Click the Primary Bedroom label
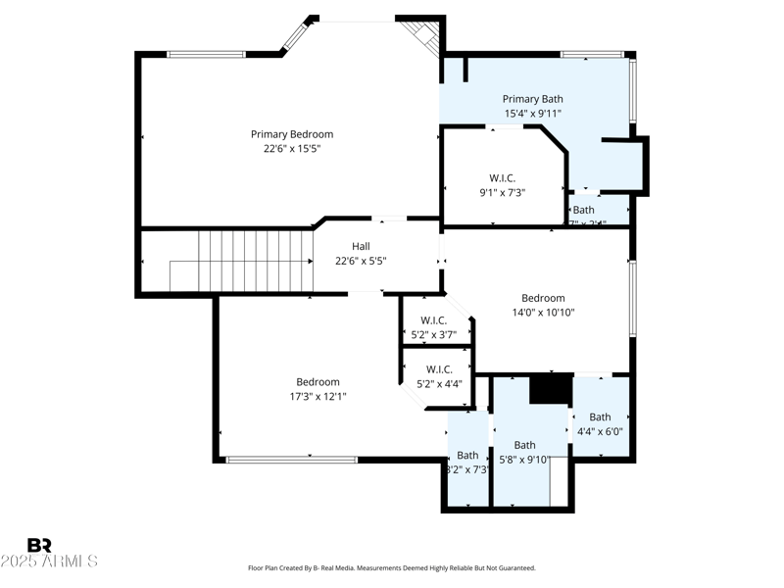click(292, 134)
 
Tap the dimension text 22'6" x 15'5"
click(292, 149)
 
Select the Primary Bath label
click(533, 99)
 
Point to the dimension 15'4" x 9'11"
click(533, 114)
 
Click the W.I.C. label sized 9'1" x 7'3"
click(503, 177)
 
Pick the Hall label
click(361, 247)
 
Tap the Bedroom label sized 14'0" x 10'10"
click(543, 298)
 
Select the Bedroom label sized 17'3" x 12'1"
click(318, 382)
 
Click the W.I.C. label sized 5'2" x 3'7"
click(434, 320)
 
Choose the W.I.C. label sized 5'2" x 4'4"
click(439, 369)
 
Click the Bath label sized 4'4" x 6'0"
click(600, 416)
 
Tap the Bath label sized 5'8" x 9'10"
click(525, 445)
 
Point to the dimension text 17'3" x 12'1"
click(318, 397)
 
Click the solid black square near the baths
click(551, 388)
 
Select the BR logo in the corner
click(39, 545)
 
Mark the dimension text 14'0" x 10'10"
click(543, 313)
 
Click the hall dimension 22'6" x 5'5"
click(361, 262)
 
